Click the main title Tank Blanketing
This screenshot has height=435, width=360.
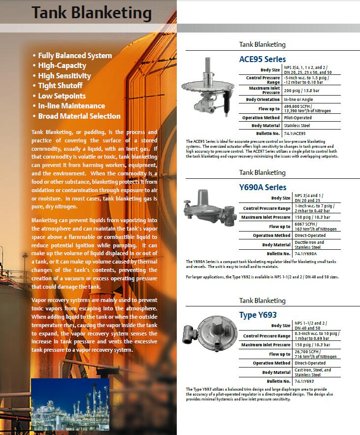[x=92, y=12]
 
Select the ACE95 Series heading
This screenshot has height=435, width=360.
[x=262, y=59]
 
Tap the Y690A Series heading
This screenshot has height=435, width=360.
[x=262, y=187]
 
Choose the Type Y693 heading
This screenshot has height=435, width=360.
[x=258, y=315]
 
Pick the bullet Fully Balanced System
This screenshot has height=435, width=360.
[x=75, y=56]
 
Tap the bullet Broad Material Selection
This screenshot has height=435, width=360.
[x=79, y=116]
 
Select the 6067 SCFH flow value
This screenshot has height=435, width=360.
[x=315, y=226]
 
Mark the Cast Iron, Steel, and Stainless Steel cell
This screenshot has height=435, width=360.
[x=313, y=372]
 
